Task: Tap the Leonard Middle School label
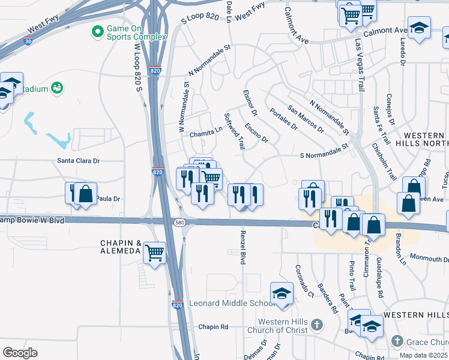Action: (x=232, y=304)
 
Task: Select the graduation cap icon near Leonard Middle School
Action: (x=281, y=293)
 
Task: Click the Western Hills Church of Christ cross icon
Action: (x=318, y=326)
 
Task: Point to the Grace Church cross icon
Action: (x=397, y=341)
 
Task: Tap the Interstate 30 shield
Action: (x=28, y=41)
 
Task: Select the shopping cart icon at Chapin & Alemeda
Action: (x=155, y=253)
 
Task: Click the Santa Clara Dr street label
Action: (x=78, y=161)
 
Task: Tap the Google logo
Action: (x=20, y=352)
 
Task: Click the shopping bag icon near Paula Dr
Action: (x=86, y=193)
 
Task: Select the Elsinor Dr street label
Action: (x=250, y=103)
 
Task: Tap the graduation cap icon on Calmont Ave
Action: (x=419, y=27)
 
